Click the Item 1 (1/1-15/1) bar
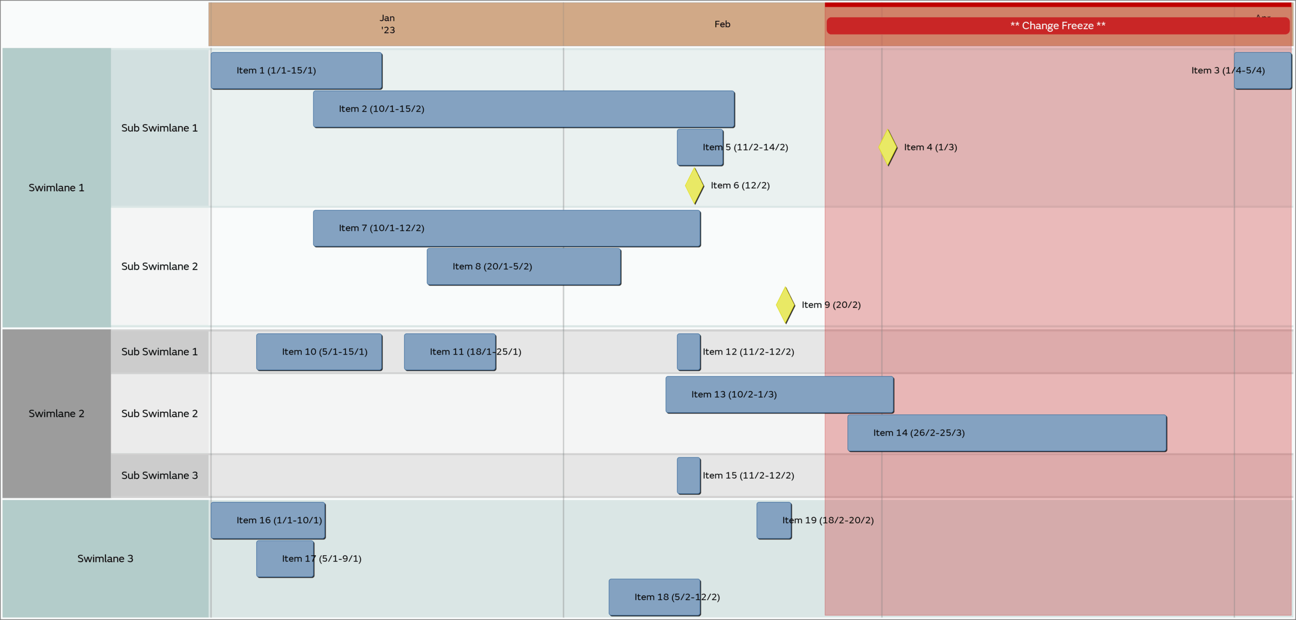[296, 70]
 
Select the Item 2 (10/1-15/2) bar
[523, 109]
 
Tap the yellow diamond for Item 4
[888, 147]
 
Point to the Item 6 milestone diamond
[694, 186]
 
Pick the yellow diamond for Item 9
[785, 305]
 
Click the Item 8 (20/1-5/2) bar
[523, 266]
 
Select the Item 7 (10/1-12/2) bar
[506, 228]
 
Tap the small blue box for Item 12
[688, 352]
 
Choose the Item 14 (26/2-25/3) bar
[1006, 433]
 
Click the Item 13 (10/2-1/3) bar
[779, 395]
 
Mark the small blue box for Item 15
[688, 476]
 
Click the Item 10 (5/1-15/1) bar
[319, 352]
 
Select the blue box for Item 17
[285, 559]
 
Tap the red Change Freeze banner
[1057, 26]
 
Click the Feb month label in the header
[722, 24]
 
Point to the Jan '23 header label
[387, 24]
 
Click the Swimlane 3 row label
[105, 558]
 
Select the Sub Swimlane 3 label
[159, 476]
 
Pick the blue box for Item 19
[774, 520]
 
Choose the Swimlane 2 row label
[56, 413]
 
